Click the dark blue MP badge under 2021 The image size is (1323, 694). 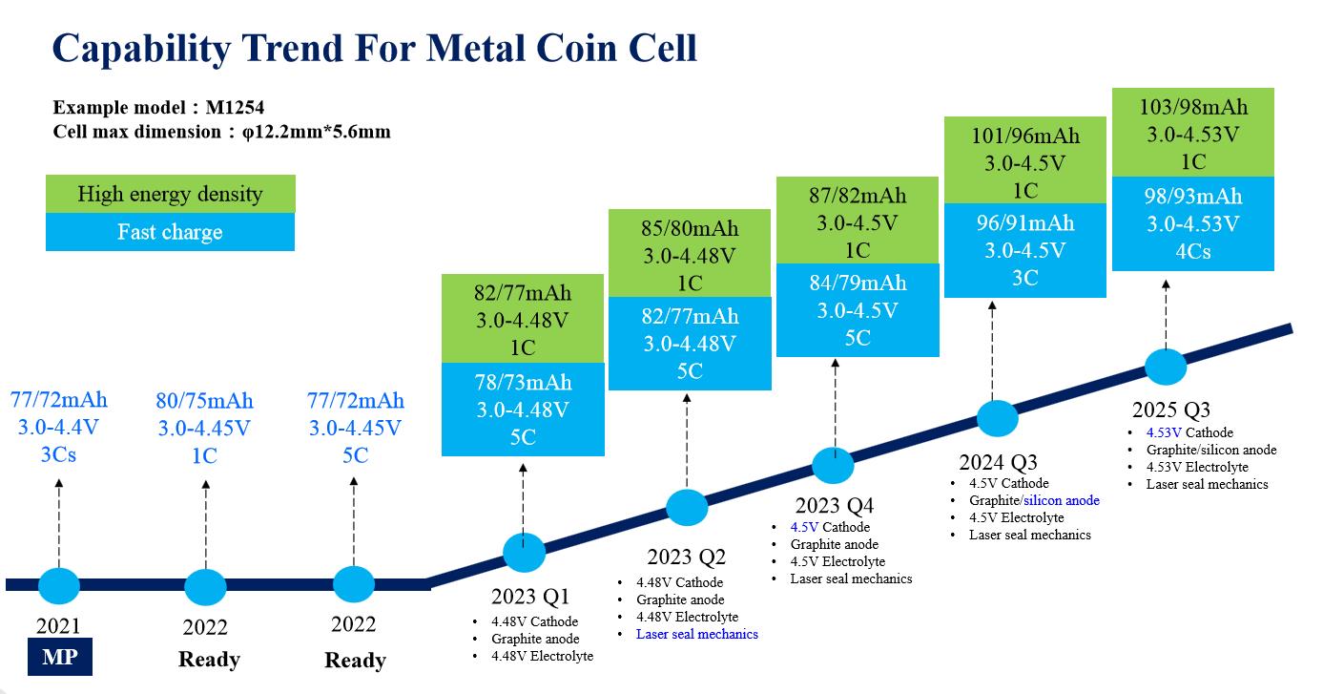pyautogui.click(x=60, y=656)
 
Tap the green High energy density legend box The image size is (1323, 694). pyautogui.click(x=170, y=194)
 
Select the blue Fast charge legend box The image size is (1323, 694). pyautogui.click(x=170, y=232)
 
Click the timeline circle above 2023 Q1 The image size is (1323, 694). pyautogui.click(x=524, y=552)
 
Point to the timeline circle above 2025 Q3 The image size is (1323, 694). pyautogui.click(x=1166, y=368)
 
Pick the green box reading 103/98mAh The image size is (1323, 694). pyautogui.click(x=1193, y=133)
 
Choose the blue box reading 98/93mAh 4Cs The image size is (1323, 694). pyautogui.click(x=1193, y=223)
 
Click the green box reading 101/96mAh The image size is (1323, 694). pyautogui.click(x=1025, y=160)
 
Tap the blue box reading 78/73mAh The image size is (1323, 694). pyautogui.click(x=523, y=410)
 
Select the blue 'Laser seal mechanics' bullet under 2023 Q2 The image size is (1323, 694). pyautogui.click(x=697, y=634)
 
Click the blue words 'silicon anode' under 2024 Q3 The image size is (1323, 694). pyautogui.click(x=1062, y=501)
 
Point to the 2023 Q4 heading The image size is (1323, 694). pyautogui.click(x=834, y=505)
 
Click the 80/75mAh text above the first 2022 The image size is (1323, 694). pyautogui.click(x=204, y=401)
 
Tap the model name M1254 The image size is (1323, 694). pyautogui.click(x=235, y=107)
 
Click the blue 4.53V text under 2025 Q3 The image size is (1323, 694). pyautogui.click(x=1164, y=432)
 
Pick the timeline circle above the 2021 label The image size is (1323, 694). pyautogui.click(x=59, y=586)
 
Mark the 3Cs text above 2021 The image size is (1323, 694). pyautogui.click(x=58, y=454)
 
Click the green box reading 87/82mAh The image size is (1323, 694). pyautogui.click(x=858, y=220)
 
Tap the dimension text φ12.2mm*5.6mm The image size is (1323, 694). pyautogui.click(x=317, y=131)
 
